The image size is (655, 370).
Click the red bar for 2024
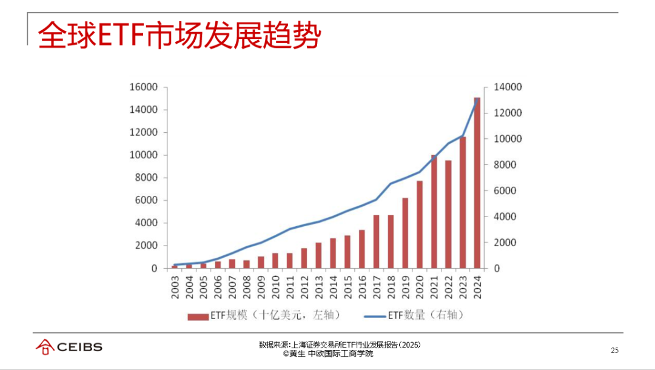click(x=477, y=182)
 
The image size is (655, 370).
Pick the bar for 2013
click(x=318, y=255)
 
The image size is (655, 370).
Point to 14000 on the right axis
click(x=507, y=87)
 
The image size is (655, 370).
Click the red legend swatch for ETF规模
click(x=198, y=315)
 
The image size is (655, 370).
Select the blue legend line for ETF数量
click(x=374, y=315)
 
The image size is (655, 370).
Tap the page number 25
click(x=614, y=351)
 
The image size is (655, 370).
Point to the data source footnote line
click(x=339, y=345)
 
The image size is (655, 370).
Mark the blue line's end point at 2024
click(x=477, y=99)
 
